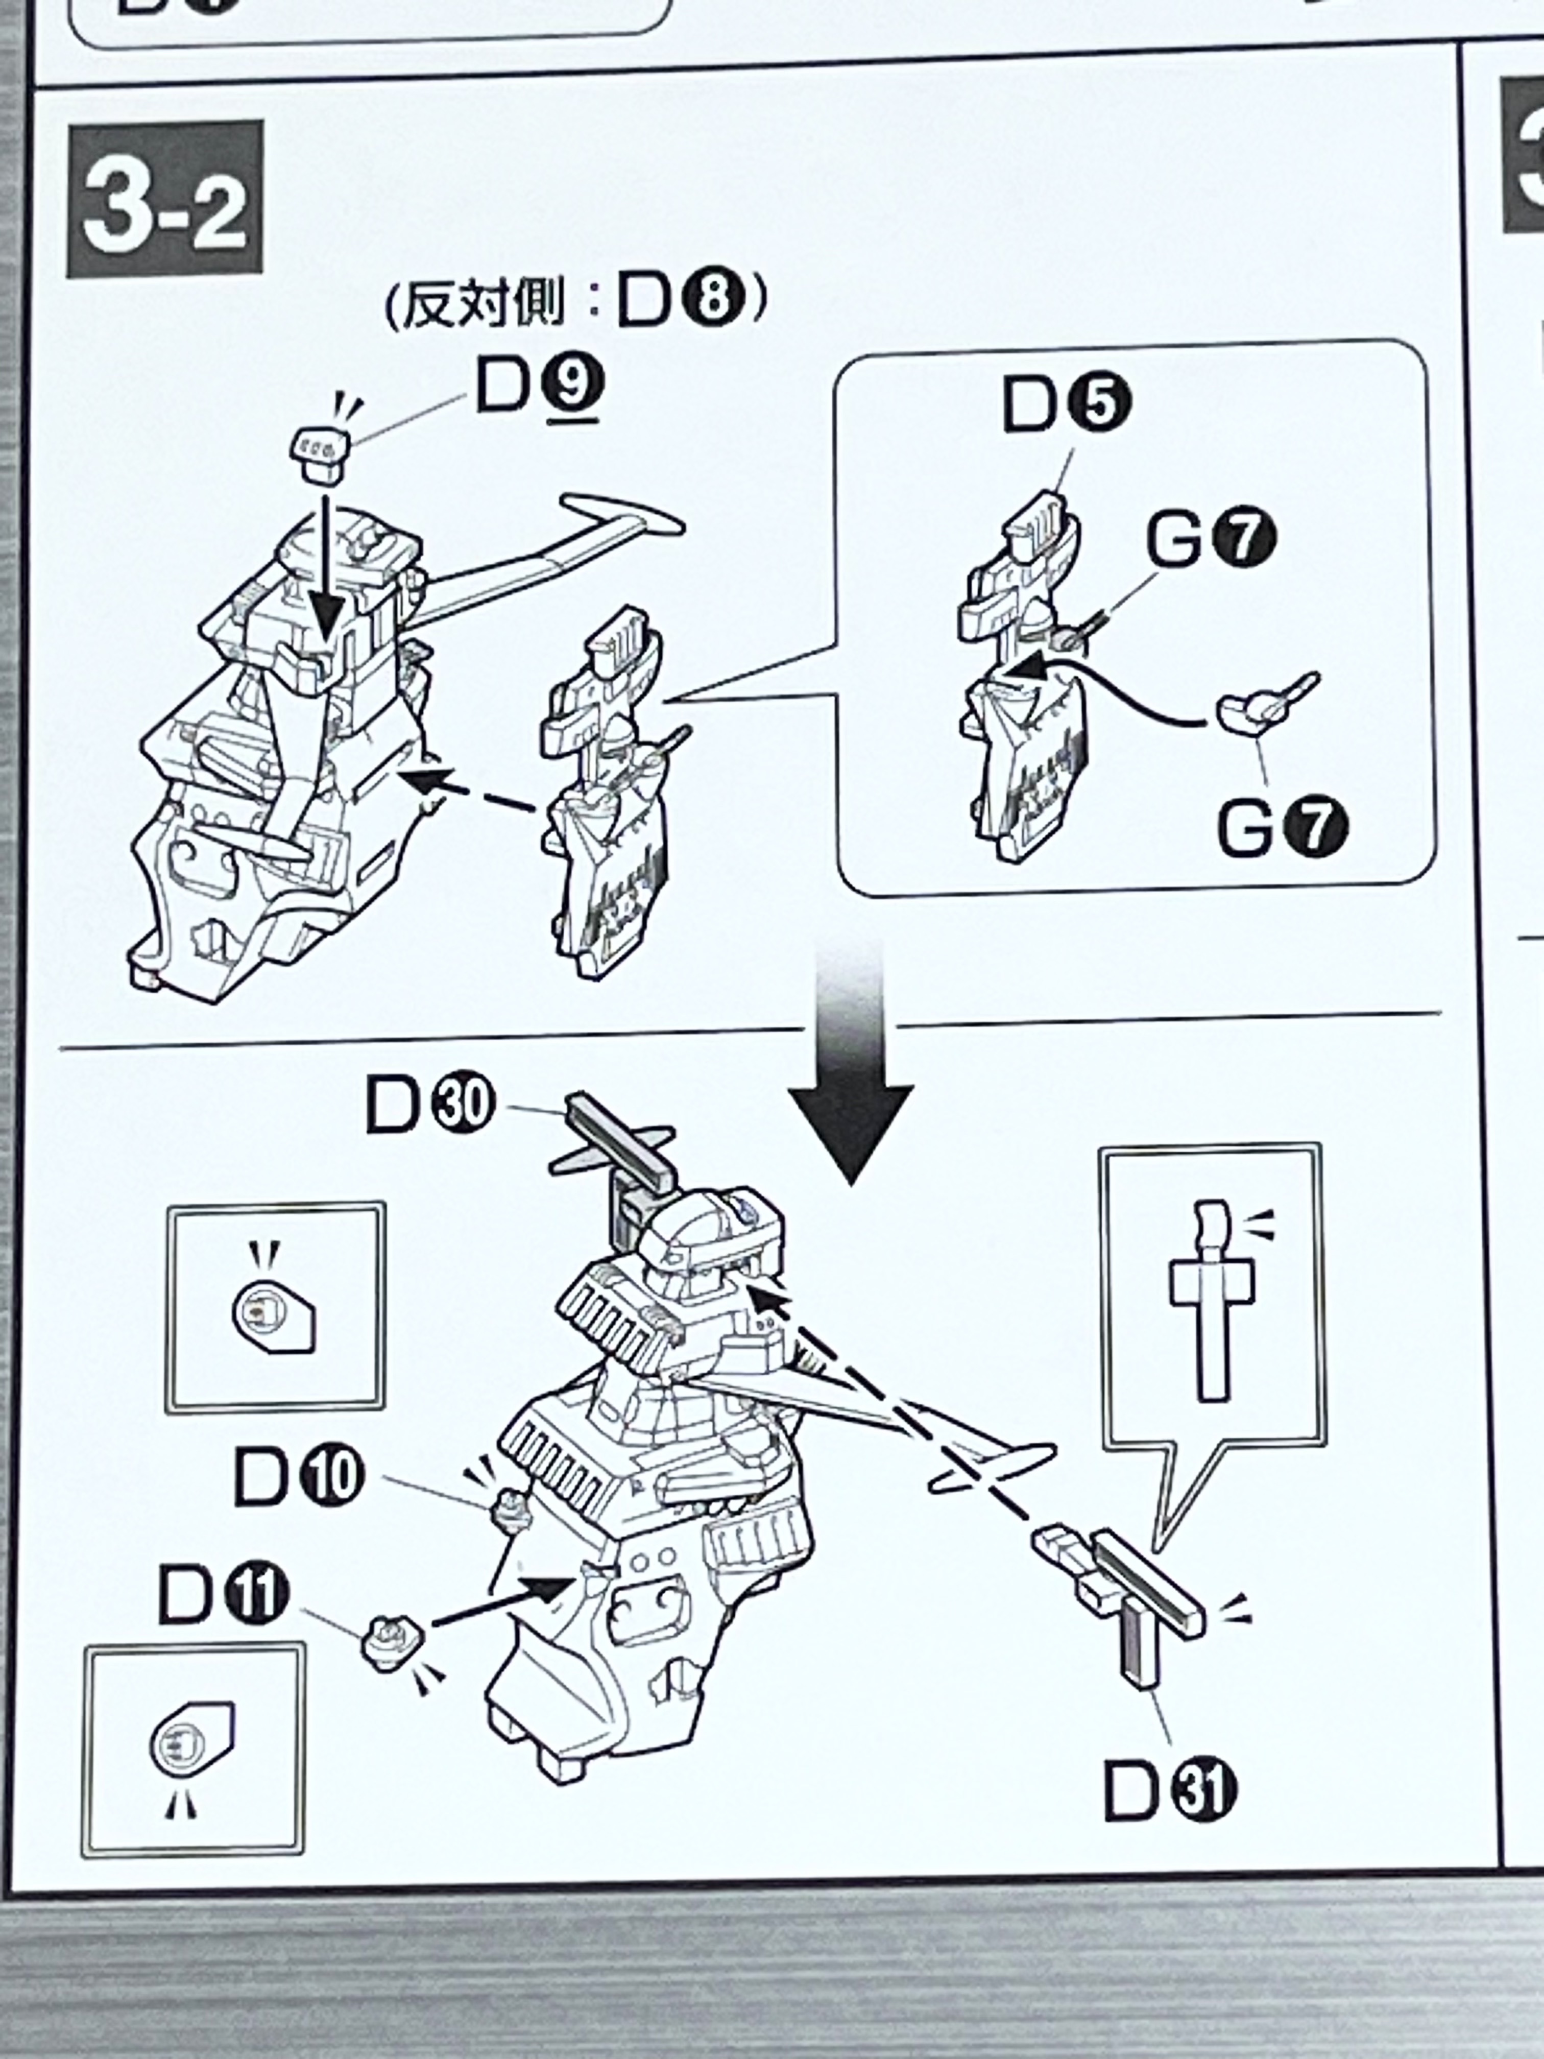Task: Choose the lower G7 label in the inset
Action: [x=1282, y=827]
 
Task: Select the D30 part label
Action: [x=428, y=1104]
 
